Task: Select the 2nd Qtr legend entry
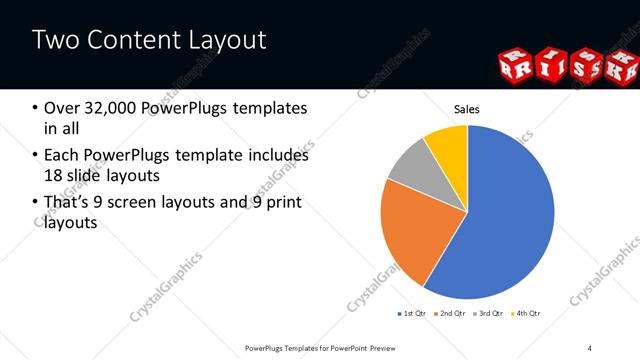(450, 313)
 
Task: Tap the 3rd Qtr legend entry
(489, 313)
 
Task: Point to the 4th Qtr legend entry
(526, 313)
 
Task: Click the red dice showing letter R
(515, 66)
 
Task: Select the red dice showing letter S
(584, 68)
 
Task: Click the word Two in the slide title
(56, 40)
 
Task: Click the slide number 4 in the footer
(589, 347)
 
